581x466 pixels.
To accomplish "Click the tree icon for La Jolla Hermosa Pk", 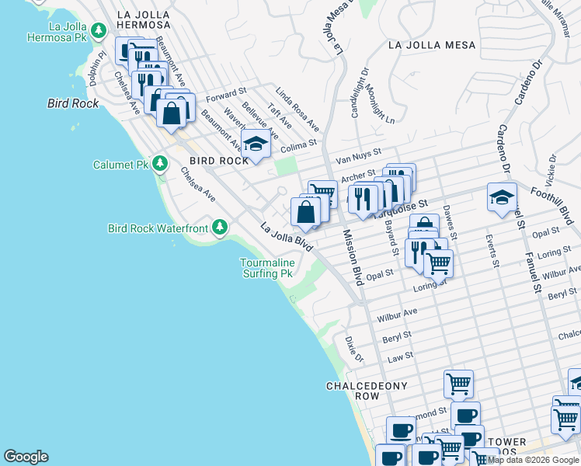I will click(x=98, y=31).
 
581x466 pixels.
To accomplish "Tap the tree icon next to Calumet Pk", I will click(x=160, y=164).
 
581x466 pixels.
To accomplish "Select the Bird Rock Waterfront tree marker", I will click(x=221, y=227).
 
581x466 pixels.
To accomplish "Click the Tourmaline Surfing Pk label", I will click(x=266, y=269).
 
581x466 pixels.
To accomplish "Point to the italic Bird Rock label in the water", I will click(x=73, y=103).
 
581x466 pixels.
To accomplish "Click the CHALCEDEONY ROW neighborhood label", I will click(x=364, y=391).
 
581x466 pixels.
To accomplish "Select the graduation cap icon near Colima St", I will click(x=256, y=144).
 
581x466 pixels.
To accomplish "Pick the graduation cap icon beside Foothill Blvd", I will click(x=502, y=196).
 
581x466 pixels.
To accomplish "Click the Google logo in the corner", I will click(x=26, y=457).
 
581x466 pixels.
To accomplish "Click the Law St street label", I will click(x=400, y=357).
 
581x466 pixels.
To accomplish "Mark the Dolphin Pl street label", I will click(x=96, y=69).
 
